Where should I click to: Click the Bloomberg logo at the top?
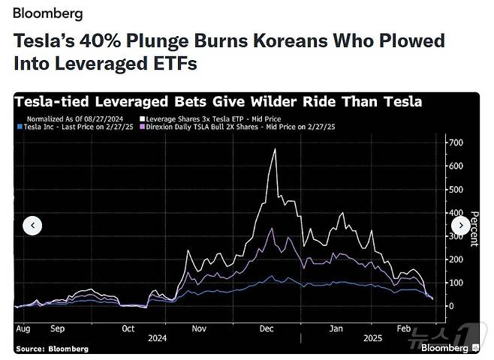click(48, 13)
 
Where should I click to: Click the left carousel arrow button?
click(32, 225)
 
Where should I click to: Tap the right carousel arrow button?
click(460, 225)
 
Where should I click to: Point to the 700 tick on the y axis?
click(456, 142)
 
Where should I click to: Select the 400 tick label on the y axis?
click(456, 212)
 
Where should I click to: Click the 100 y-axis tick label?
click(456, 283)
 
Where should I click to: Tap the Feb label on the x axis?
click(405, 328)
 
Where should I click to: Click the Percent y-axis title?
click(474, 229)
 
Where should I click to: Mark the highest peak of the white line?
click(276, 149)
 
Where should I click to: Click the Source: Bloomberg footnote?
click(52, 349)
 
